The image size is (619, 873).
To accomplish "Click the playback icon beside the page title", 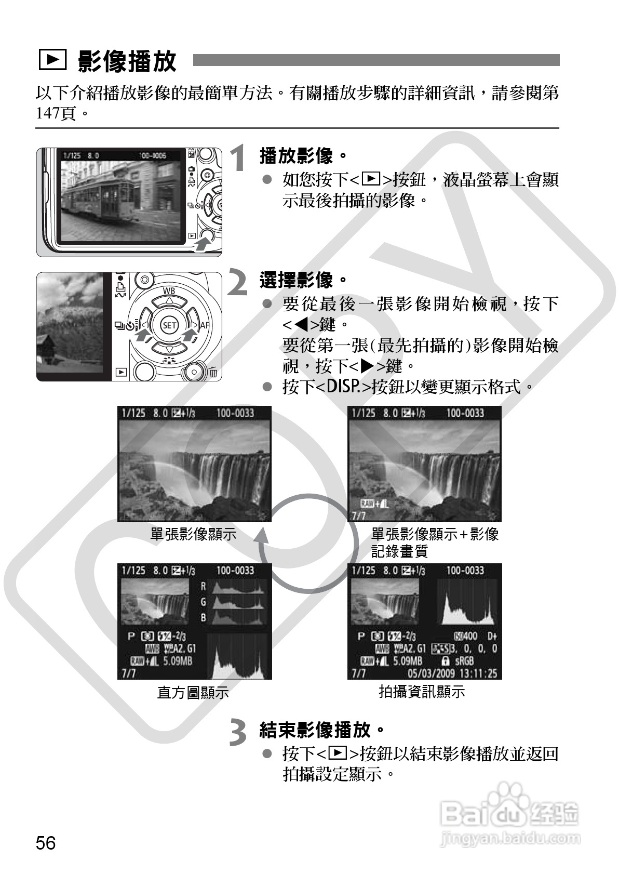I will tap(52, 61).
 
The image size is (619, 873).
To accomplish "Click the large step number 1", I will tap(239, 158).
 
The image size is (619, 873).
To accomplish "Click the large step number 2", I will tap(238, 284).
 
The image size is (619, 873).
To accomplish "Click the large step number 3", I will tap(238, 733).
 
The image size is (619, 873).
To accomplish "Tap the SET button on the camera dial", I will tap(169, 326).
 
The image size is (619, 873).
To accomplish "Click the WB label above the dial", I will tap(169, 290).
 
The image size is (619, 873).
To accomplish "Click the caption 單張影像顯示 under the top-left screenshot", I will tap(193, 535).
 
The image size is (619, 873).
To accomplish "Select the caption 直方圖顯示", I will tap(193, 693).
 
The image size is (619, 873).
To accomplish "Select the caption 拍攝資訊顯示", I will tap(422, 692).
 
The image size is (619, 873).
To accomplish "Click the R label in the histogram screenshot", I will tap(204, 586).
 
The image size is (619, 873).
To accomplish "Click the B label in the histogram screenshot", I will tap(204, 618).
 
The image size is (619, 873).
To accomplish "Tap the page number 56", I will tap(46, 843).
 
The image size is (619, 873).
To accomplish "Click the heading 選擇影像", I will tap(296, 281).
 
